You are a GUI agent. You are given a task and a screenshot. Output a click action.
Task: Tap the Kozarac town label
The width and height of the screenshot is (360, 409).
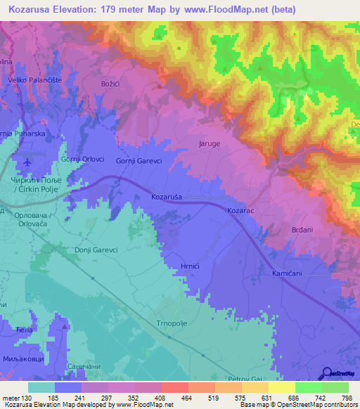coord(240,210)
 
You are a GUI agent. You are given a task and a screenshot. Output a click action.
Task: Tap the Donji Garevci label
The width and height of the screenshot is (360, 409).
coord(95,249)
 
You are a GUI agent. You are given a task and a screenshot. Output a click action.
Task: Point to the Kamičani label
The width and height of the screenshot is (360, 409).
coord(286,271)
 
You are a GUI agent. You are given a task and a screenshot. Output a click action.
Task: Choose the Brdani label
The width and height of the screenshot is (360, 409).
coord(304,230)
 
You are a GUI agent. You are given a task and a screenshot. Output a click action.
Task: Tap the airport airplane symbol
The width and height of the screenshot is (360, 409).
coord(27,162)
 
